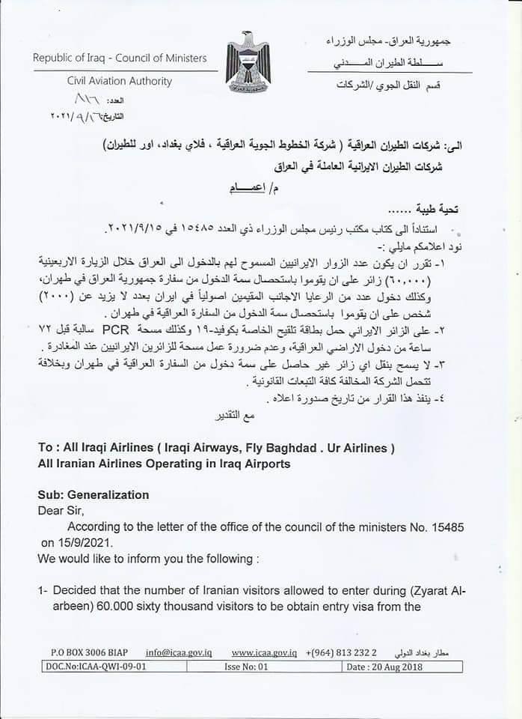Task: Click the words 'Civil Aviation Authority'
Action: [120, 81]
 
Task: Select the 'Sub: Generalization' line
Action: [93, 495]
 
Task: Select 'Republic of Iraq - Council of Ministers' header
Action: [120, 58]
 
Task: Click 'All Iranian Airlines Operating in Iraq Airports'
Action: [164, 464]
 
